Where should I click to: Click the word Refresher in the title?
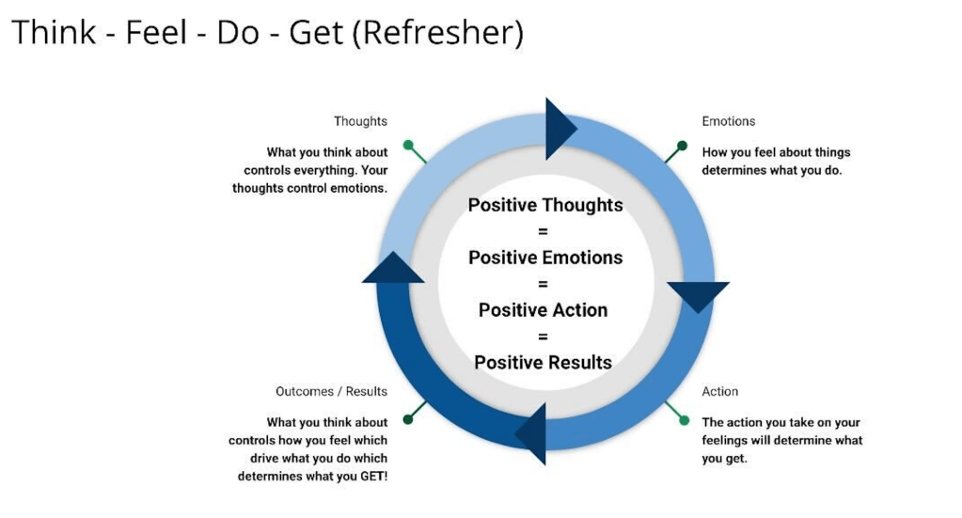(440, 33)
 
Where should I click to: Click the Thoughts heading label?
(360, 121)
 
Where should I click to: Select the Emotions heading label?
(728, 121)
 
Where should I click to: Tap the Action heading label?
(719, 391)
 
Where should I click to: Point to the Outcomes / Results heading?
(331, 391)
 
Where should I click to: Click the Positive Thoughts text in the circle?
(545, 205)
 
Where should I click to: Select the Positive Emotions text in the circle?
(545, 258)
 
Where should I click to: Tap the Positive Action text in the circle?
(544, 310)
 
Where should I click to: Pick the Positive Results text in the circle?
(544, 363)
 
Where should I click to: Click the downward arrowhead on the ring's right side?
(698, 294)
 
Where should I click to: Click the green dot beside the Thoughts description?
(408, 146)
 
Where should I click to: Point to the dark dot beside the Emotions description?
(682, 146)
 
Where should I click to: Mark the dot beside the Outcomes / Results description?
(408, 418)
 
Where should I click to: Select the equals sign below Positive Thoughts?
(544, 231)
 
